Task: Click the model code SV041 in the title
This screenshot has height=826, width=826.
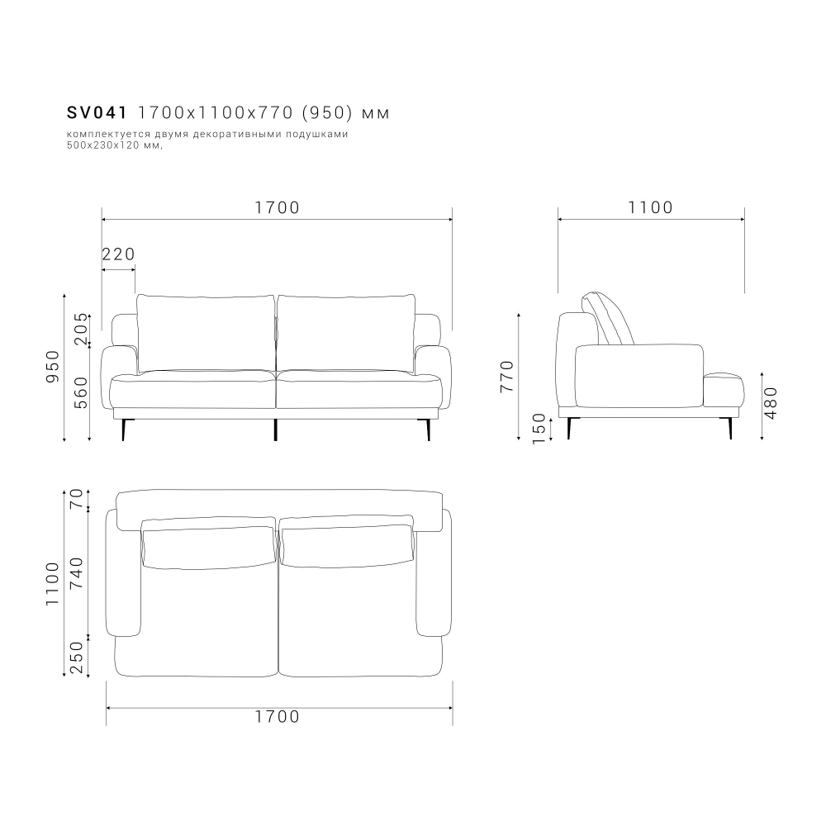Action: [x=96, y=112]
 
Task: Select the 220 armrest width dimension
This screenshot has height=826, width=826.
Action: [x=118, y=254]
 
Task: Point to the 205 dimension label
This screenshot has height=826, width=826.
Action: [x=80, y=330]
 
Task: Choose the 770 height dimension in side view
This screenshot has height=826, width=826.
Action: [x=507, y=376]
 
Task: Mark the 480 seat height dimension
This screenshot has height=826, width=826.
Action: [x=771, y=402]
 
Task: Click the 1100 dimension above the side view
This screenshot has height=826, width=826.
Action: [x=651, y=207]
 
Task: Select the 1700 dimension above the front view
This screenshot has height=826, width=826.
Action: [x=277, y=207]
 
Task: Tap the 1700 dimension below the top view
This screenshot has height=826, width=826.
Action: [x=278, y=717]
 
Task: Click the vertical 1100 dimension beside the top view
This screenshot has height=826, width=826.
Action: [x=53, y=584]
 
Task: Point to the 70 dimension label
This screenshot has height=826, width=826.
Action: [x=77, y=499]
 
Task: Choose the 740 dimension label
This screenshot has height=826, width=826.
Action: [x=77, y=572]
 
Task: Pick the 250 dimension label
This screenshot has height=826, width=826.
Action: [x=77, y=657]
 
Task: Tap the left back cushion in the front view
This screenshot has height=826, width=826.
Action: [x=206, y=332]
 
